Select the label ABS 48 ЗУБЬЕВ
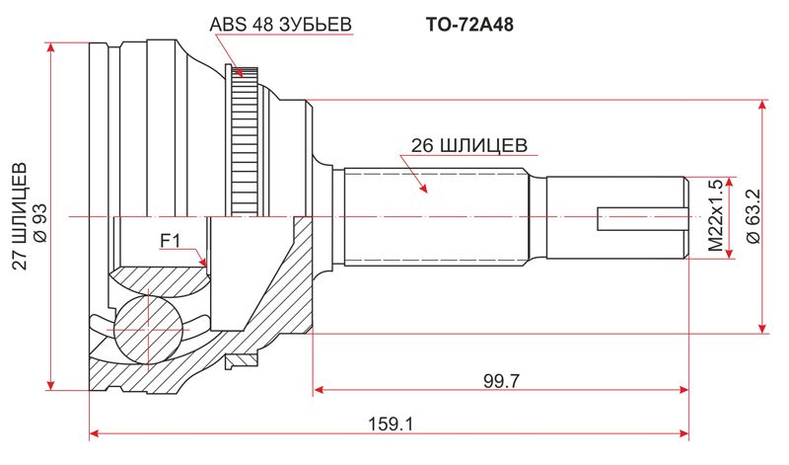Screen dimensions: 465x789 coord(281,24)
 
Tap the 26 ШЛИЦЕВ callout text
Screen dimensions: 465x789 coord(463,145)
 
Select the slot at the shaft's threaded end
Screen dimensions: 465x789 coord(641,218)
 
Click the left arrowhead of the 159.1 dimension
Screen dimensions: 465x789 coord(94,431)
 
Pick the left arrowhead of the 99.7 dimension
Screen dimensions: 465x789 coord(318,391)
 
